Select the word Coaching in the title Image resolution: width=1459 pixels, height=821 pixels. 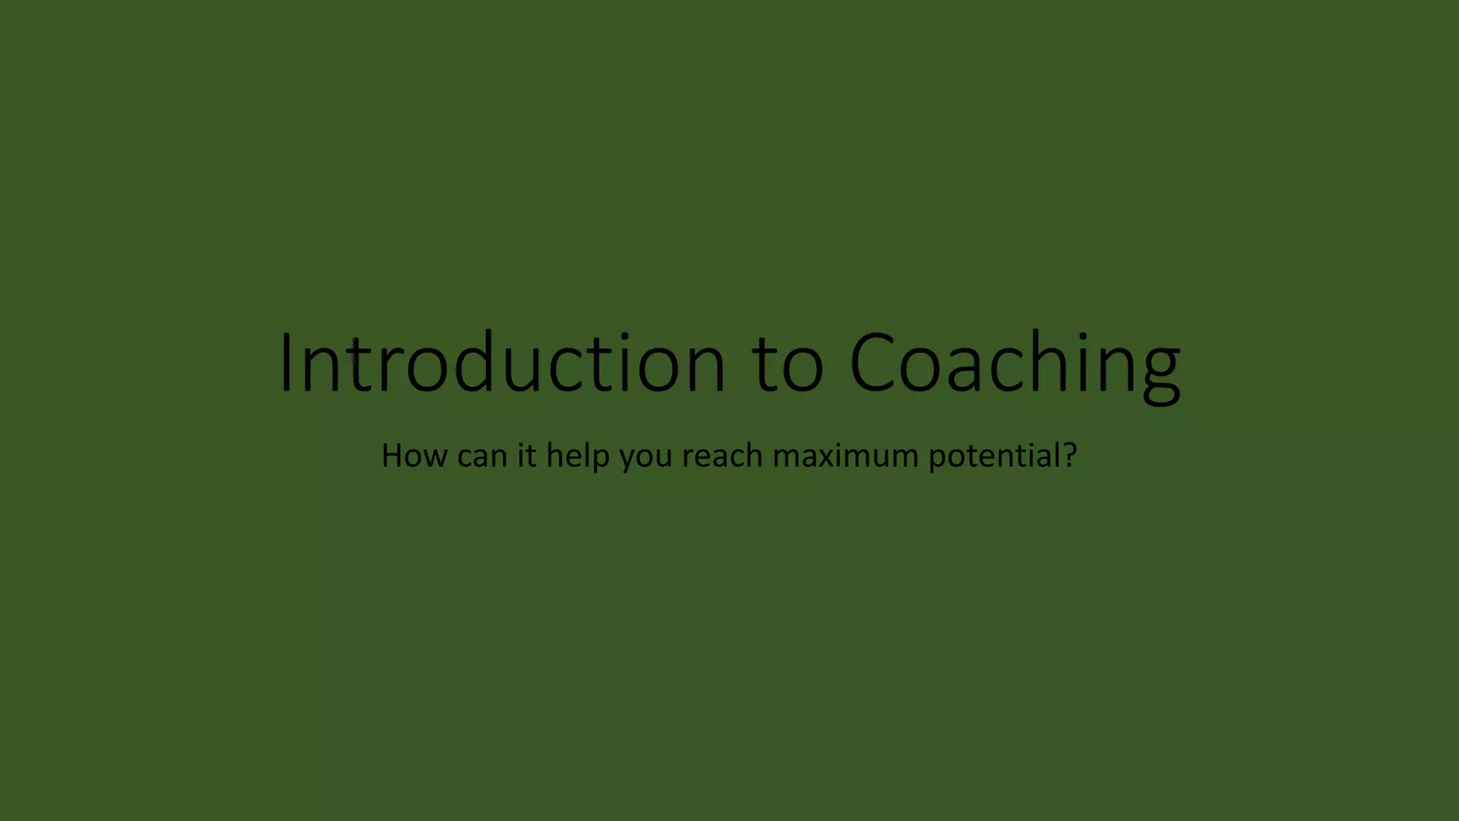[x=1015, y=363]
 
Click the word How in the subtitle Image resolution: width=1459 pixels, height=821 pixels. [x=414, y=455]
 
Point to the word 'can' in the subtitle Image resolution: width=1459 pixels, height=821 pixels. [x=482, y=457]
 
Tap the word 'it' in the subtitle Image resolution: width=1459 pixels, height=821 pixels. [x=526, y=455]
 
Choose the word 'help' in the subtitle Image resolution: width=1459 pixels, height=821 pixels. [x=578, y=456]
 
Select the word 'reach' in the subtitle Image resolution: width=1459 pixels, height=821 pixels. [x=722, y=455]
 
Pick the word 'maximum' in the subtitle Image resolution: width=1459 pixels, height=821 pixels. [x=846, y=456]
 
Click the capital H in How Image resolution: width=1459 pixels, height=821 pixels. [x=393, y=455]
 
